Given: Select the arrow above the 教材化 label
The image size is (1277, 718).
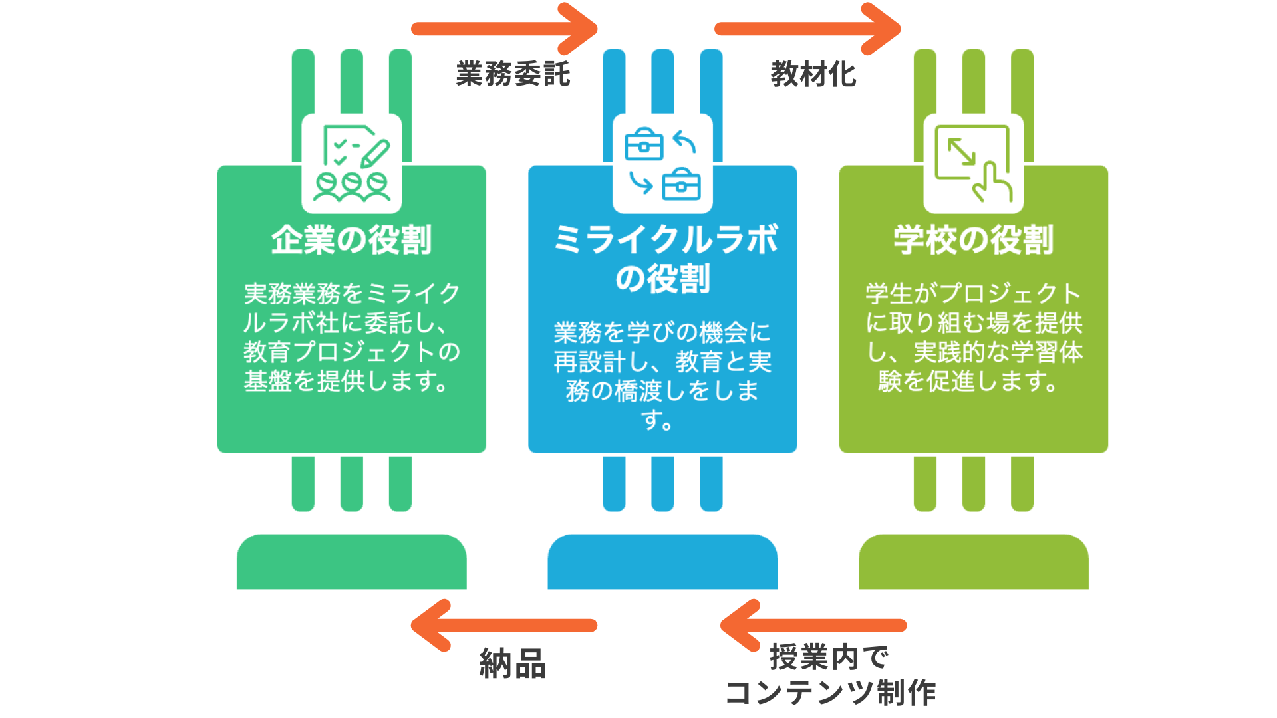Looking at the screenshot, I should [807, 29].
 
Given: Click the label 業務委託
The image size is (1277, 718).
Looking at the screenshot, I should [513, 74].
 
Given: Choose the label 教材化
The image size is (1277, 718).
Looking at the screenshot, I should [813, 74].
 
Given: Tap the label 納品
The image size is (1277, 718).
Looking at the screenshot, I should [513, 663].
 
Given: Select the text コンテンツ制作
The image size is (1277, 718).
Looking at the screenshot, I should [830, 693].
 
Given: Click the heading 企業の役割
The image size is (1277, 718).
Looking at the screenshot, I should [351, 240].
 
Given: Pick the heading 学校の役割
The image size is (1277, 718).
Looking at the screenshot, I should [973, 240].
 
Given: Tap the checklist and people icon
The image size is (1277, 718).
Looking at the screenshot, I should [351, 164].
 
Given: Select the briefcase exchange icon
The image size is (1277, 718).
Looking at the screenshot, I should [662, 164].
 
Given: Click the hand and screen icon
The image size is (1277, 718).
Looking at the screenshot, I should [973, 164].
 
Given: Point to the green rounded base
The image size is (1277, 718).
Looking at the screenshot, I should [351, 562].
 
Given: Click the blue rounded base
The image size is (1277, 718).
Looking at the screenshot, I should [662, 562].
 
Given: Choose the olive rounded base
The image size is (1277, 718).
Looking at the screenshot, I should [973, 562].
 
